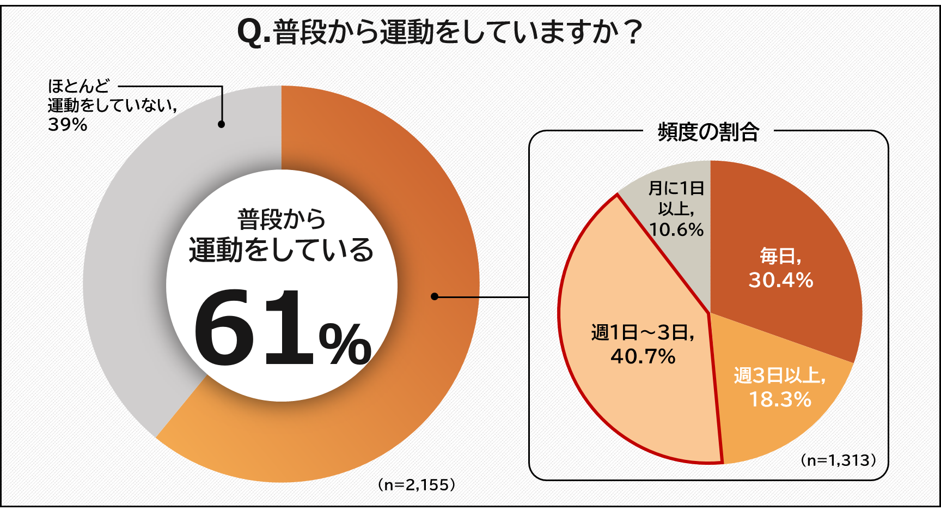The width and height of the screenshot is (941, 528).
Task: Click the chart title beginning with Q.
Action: click(440, 32)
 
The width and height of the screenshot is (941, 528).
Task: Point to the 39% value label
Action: click(68, 125)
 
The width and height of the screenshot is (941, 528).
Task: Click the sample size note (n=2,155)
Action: click(417, 484)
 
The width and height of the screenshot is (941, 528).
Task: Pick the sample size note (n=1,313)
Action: click(839, 460)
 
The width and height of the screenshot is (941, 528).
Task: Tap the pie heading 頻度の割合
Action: click(708, 132)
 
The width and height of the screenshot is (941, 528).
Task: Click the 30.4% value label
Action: click(780, 280)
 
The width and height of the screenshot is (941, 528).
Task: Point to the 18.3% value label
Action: click(780, 399)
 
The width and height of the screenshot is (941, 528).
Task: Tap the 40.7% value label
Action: click(643, 356)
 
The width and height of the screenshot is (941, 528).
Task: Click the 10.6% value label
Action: click(676, 230)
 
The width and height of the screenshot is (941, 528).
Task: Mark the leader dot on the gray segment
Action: click(221, 124)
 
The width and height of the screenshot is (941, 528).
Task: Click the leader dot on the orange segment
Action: click(434, 296)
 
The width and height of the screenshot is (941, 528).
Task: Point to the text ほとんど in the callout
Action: click(79, 86)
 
